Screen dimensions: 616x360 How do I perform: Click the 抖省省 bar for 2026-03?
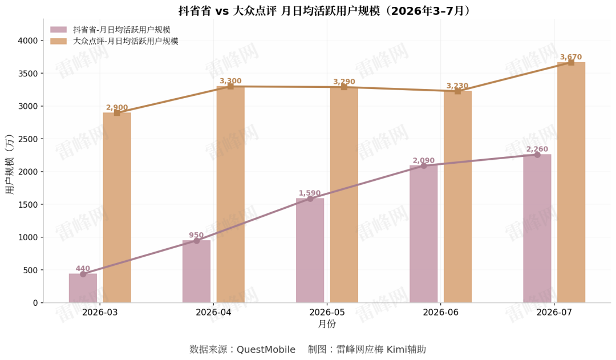click(83, 288)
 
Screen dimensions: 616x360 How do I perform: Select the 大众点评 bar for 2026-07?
click(571, 183)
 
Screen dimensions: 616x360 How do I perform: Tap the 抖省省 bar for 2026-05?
click(310, 250)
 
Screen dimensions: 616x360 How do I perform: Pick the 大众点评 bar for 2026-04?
click(230, 195)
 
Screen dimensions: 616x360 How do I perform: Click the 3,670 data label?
click(571, 57)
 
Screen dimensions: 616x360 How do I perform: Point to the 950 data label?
click(196, 235)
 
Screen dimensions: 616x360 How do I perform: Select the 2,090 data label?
click(423, 160)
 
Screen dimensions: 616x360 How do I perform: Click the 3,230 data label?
click(457, 86)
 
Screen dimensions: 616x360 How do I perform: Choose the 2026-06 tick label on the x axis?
click(440, 313)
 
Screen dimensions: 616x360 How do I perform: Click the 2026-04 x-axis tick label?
click(213, 313)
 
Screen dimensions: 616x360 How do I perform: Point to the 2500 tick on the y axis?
click(28, 139)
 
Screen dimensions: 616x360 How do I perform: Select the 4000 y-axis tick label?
click(28, 41)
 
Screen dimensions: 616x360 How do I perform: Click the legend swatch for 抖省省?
click(59, 30)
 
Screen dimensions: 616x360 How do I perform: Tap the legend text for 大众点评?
click(125, 41)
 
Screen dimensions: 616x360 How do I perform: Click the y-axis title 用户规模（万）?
click(10, 164)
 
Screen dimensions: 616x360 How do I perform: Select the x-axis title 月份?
click(327, 324)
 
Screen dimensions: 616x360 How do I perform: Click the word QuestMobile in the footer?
click(266, 349)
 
